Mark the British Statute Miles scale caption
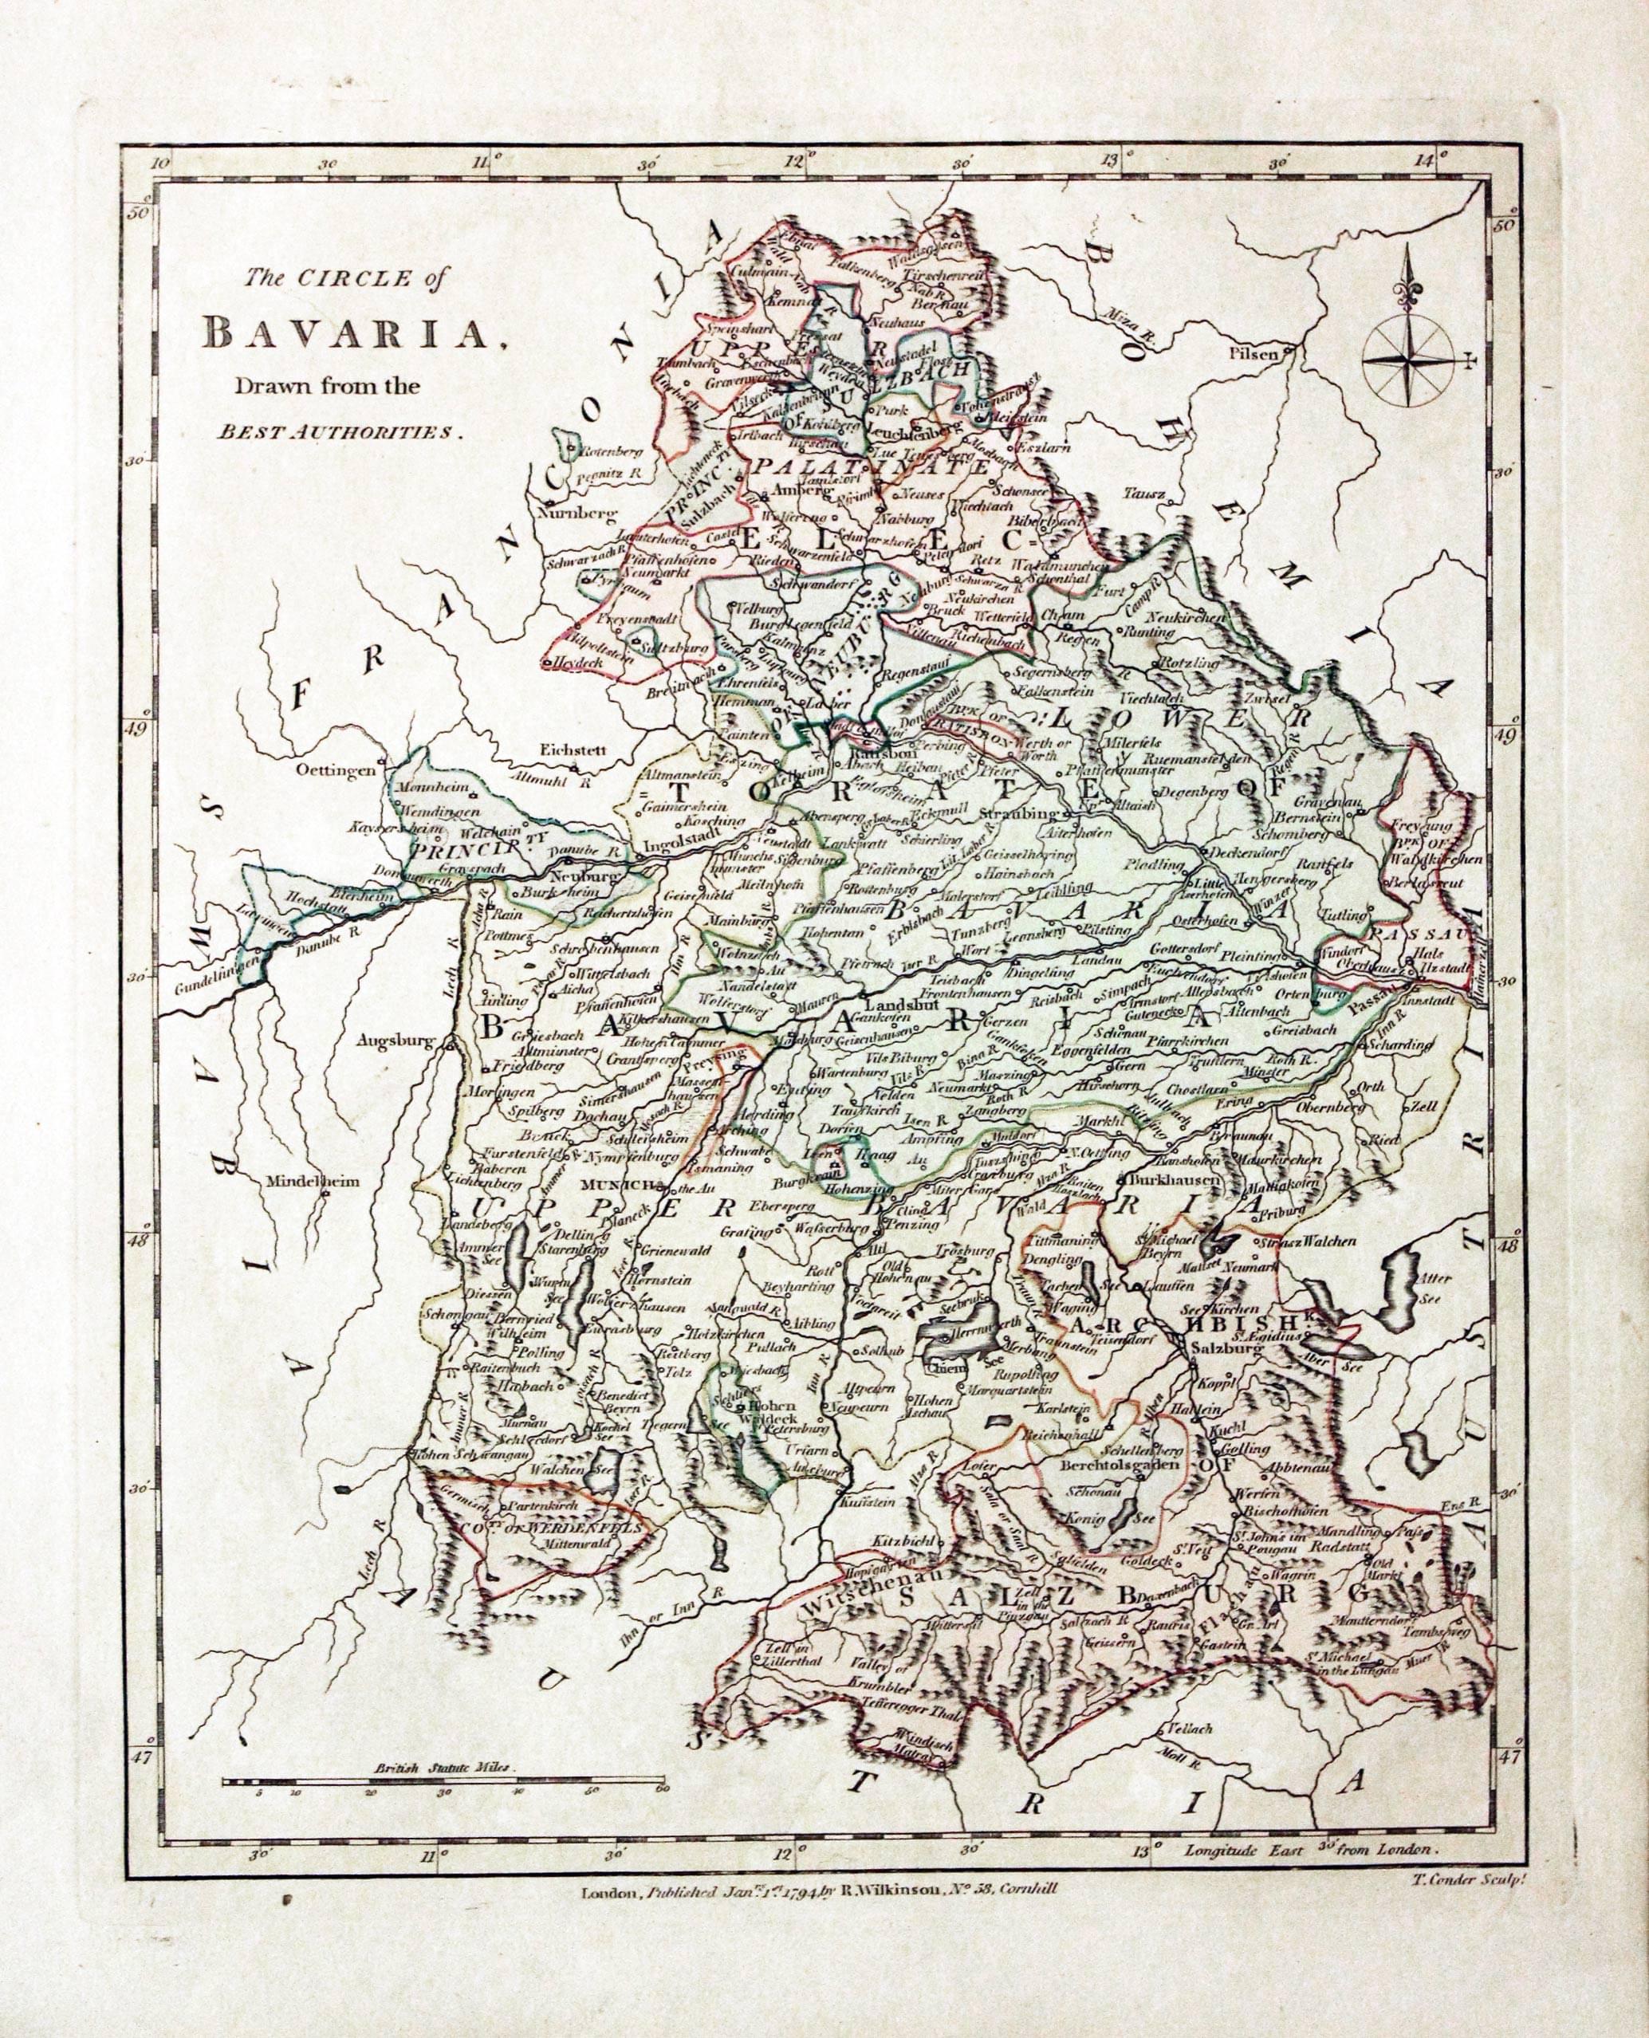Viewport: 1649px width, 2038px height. click(443, 1769)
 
